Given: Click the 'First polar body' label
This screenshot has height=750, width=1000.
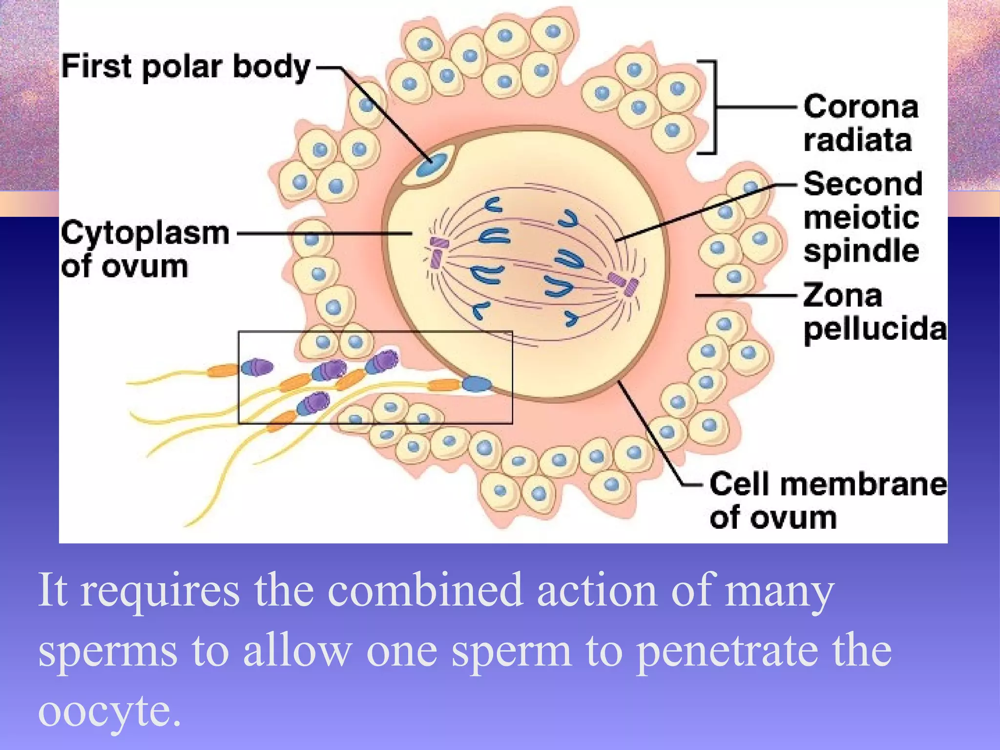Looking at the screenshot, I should (186, 67).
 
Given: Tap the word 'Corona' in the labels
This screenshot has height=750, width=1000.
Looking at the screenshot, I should (861, 107).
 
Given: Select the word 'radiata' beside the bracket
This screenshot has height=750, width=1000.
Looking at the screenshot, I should (858, 140).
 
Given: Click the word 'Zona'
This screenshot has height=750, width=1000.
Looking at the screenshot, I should (843, 295).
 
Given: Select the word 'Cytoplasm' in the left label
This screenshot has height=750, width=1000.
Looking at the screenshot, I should (145, 233).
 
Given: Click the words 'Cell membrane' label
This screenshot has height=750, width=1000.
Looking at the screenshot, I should (828, 484).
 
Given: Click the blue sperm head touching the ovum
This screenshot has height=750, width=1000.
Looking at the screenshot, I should (477, 384).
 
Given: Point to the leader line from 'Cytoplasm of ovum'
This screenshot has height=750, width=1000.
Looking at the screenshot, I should (322, 233).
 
